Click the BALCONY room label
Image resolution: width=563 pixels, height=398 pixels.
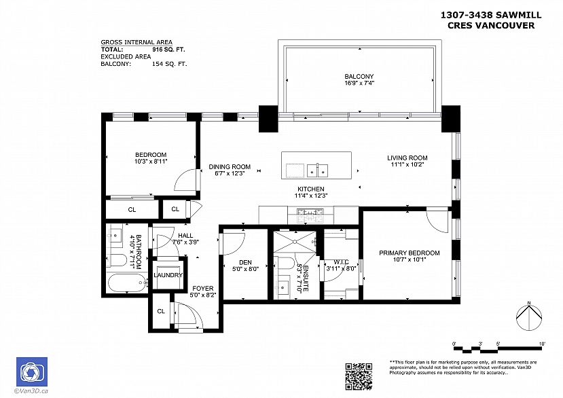(x=359, y=77)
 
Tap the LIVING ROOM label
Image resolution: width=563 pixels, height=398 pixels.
(x=407, y=158)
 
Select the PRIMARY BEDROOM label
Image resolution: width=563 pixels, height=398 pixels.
(x=409, y=253)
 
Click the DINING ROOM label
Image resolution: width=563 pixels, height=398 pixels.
(x=229, y=167)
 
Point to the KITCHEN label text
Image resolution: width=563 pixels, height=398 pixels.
(x=310, y=189)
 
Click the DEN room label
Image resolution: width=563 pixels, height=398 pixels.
(x=245, y=263)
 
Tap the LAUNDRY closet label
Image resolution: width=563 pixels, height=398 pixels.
(x=168, y=275)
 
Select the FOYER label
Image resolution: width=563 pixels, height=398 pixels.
(x=203, y=289)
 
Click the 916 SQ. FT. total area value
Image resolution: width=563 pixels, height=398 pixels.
(x=168, y=50)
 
